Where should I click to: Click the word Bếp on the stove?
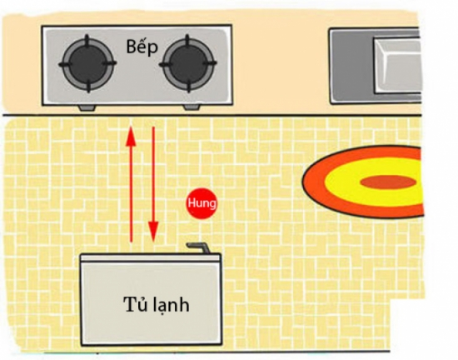coord(142,47)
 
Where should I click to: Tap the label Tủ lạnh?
coord(157,304)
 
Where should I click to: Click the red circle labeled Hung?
coord(202,203)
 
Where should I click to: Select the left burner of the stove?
coord(87,63)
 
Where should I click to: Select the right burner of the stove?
coord(188,63)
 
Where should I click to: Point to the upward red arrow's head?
coord(131,136)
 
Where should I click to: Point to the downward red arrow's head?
coord(153,232)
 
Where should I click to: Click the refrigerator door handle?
coord(199,247)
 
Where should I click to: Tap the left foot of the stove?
coord(87,107)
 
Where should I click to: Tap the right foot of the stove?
coord(192,107)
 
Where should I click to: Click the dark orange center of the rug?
coord(388,182)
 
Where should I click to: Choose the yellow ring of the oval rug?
coord(339,181)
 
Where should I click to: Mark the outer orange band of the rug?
coord(312,181)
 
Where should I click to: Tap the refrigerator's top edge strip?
coord(151,257)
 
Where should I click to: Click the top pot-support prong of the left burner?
coord(87,40)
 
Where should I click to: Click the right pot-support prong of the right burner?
coord(211,63)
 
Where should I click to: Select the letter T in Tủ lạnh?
coord(129,304)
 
